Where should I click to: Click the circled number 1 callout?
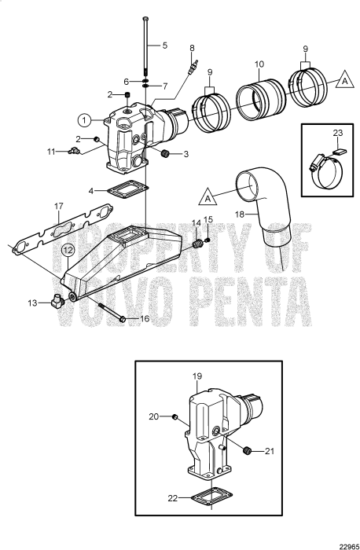[84, 120]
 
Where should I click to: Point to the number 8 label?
[191, 49]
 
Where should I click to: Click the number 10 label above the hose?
[259, 63]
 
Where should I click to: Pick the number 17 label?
[58, 207]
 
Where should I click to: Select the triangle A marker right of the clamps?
[343, 80]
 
